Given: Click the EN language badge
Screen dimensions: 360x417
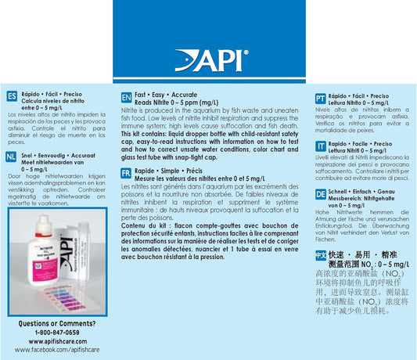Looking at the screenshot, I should [127, 98].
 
